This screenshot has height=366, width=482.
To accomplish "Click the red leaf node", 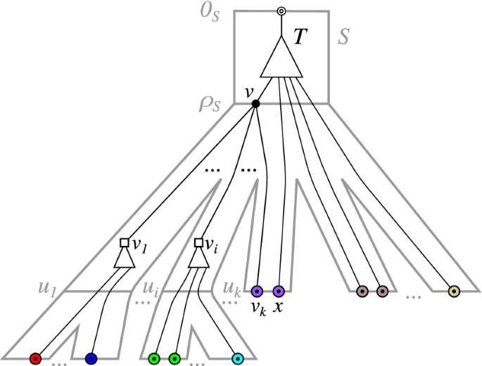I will (35, 358).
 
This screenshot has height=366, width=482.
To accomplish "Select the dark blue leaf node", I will (91, 358).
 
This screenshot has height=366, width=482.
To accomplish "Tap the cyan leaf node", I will (238, 358).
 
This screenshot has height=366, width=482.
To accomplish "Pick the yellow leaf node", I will (454, 291).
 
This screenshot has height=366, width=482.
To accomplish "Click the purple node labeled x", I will (278, 291).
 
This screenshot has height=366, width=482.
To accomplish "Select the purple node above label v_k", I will (257, 291).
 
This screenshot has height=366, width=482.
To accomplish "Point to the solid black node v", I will (255, 104).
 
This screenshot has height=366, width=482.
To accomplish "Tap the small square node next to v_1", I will (124, 242).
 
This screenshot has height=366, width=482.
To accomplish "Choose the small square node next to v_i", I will (198, 242).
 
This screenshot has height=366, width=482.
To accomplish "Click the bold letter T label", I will (300, 39).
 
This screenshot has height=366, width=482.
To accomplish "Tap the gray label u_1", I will (47, 288).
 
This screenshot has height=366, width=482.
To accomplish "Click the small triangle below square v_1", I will (124, 258).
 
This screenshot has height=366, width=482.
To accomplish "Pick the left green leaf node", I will (154, 358).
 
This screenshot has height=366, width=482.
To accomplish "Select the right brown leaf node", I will (382, 291).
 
